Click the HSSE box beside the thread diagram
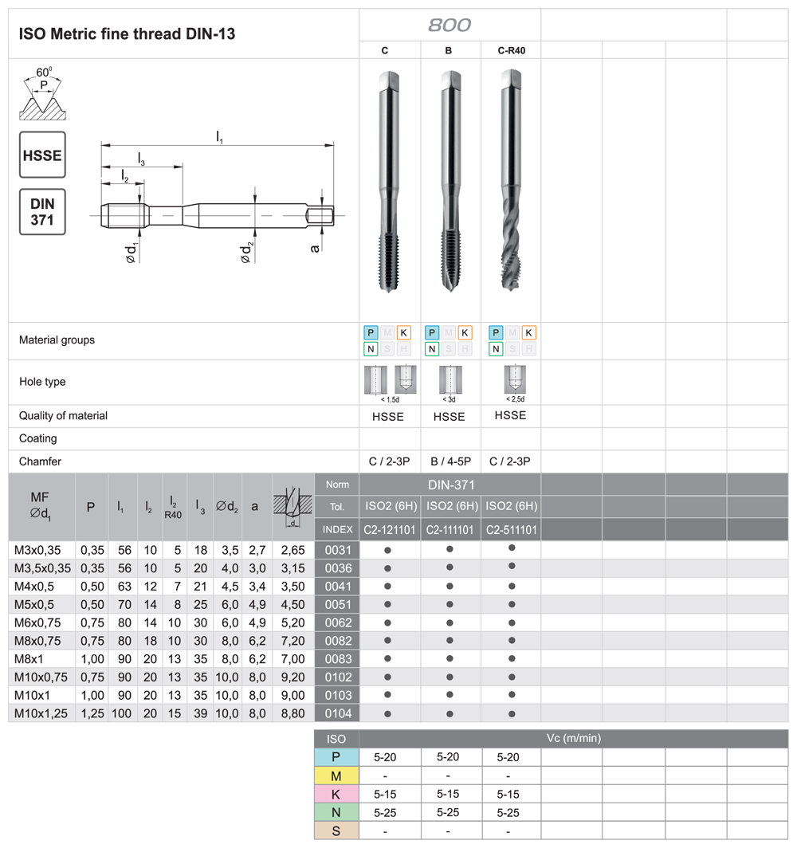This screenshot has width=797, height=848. click(x=42, y=155)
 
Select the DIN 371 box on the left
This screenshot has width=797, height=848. click(x=42, y=211)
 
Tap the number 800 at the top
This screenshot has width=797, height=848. click(x=450, y=25)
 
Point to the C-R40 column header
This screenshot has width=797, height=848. click(x=511, y=50)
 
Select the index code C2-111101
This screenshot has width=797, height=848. click(x=450, y=529)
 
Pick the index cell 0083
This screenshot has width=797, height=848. click(x=337, y=658)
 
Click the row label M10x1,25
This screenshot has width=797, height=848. click(x=42, y=713)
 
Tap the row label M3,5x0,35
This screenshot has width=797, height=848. click(x=43, y=568)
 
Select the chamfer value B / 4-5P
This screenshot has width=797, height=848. click(x=450, y=461)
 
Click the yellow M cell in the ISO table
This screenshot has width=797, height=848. click(x=336, y=775)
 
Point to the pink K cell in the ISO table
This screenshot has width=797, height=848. click(x=336, y=795)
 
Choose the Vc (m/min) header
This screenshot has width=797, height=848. click(x=573, y=739)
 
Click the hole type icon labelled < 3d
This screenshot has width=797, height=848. click(x=450, y=382)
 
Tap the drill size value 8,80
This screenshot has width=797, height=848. click(x=293, y=713)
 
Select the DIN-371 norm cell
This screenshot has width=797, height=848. click(x=450, y=484)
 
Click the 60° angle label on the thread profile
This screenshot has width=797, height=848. click(x=45, y=71)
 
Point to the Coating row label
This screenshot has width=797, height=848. click(x=38, y=438)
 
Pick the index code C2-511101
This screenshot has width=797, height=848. click(x=511, y=529)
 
